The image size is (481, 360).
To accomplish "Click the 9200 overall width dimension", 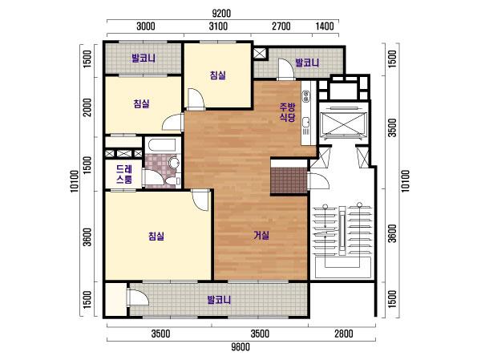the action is click(221, 14).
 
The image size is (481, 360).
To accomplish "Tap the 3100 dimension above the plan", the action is click(218, 26).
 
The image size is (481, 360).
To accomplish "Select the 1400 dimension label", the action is click(325, 26).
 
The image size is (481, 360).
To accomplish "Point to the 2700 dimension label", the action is click(281, 26).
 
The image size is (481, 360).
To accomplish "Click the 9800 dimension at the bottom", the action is click(240, 347).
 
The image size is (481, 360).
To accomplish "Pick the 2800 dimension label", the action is click(344, 334).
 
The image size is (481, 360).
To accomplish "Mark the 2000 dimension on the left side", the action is click(87, 107).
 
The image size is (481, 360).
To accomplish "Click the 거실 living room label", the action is click(261, 235).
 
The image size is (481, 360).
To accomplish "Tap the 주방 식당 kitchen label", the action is click(288, 112).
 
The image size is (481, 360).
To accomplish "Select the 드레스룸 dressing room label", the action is click(124, 174).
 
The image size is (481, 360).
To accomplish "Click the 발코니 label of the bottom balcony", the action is click(219, 300).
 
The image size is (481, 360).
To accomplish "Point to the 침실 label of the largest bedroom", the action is click(156, 236).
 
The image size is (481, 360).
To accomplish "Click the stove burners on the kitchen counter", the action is click(306, 96).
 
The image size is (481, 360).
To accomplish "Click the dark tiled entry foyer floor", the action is click(289, 180).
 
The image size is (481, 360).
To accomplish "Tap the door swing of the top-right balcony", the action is click(286, 69).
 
